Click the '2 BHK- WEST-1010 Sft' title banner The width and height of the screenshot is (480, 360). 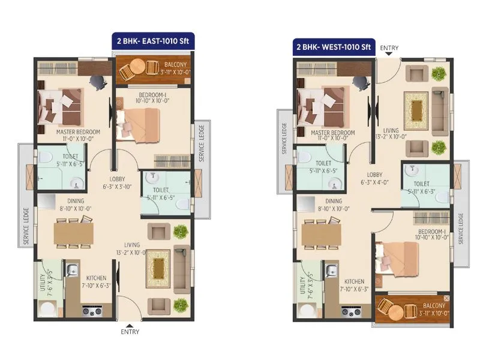click(333, 47)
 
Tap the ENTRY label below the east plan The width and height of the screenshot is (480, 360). click(130, 331)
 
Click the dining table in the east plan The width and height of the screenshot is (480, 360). click(73, 233)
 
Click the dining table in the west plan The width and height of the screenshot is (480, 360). click(324, 234)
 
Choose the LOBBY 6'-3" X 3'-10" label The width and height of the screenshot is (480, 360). click(116, 182)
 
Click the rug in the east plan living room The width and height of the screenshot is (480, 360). click(158, 264)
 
